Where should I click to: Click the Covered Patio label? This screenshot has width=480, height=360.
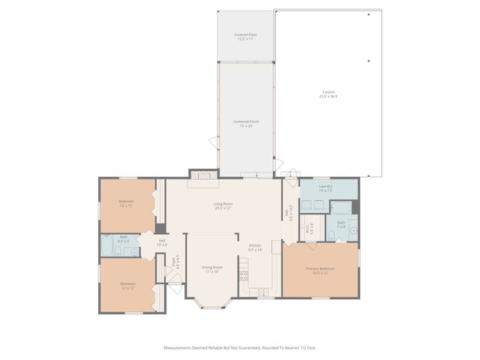[244, 36]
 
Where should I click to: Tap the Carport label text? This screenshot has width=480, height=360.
[328, 94]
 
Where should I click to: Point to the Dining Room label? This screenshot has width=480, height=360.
[212, 268]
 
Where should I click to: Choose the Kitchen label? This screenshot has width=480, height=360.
[255, 247]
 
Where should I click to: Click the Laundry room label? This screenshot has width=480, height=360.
[325, 187]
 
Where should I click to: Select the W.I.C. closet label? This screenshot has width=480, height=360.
[308, 230]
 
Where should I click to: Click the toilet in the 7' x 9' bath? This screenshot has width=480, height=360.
[331, 236]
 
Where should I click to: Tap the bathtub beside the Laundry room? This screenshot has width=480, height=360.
[341, 208]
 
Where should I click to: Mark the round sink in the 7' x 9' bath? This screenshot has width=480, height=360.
[352, 231]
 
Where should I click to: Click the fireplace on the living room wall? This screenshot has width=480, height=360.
[204, 175]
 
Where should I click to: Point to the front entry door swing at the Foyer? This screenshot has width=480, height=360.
[175, 283]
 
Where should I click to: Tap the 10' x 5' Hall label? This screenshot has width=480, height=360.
[161, 242]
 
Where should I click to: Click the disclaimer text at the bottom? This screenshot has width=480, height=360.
[240, 347]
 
